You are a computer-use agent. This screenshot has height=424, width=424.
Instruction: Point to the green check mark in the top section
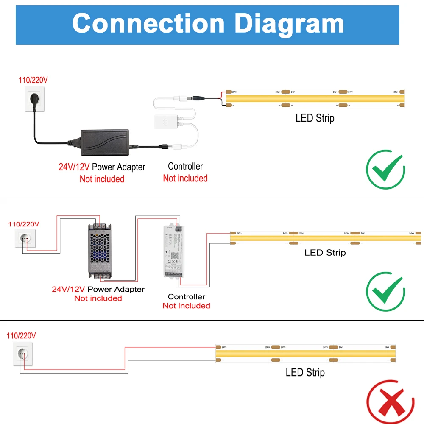click(x=385, y=169)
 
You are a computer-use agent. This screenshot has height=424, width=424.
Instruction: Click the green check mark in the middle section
click(x=385, y=292)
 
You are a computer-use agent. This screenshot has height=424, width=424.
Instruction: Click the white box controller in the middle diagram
click(x=174, y=250)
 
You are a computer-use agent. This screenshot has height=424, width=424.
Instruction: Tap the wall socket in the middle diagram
click(x=25, y=238)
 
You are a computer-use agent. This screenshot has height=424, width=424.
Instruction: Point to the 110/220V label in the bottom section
click(x=21, y=335)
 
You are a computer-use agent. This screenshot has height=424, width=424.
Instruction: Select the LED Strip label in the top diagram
click(x=315, y=118)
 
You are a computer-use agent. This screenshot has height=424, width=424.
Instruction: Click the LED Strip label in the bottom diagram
click(x=305, y=372)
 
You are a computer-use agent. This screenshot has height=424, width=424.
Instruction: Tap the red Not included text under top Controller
click(x=185, y=179)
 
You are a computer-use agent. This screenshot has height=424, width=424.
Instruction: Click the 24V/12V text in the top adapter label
click(x=74, y=167)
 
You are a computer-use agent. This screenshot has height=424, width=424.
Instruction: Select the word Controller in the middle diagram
click(x=186, y=296)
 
